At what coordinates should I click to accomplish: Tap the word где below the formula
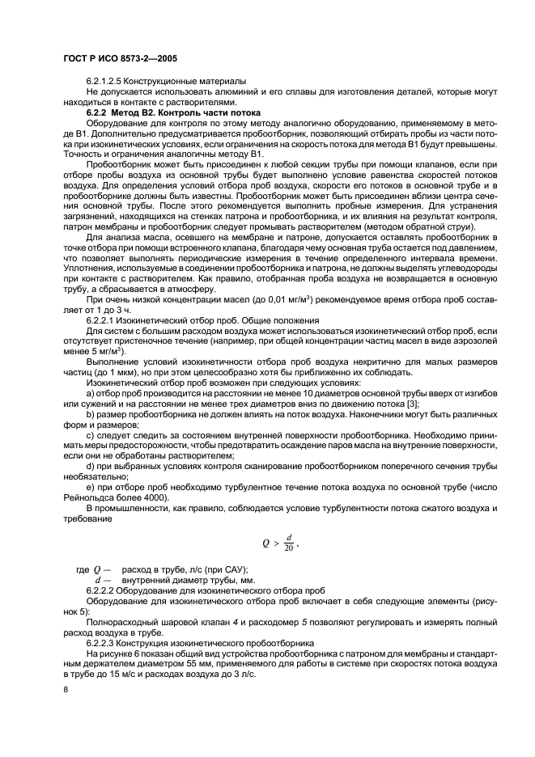pyautogui.click(x=82, y=569)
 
